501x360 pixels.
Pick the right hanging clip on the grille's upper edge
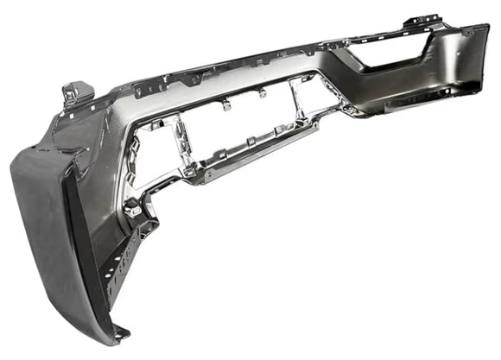[260, 90]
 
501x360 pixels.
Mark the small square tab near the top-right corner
[466, 32]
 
